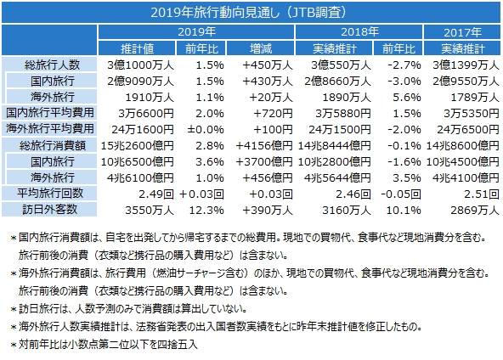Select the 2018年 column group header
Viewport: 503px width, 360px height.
pos(359,31)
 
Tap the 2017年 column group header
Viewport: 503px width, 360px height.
pos(462,32)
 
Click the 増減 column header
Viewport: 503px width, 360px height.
pos(261,48)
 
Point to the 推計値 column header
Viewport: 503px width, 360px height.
pos(137,48)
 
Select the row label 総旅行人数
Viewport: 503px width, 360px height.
pos(52,65)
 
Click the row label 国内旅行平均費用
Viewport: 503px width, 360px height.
pos(50,113)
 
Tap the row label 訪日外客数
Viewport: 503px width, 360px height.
pos(50,210)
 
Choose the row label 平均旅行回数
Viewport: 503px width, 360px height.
pos(50,194)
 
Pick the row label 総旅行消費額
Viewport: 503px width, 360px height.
pos(53,145)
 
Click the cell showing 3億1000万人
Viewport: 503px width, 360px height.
pos(140,65)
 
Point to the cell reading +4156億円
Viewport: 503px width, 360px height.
pos(264,145)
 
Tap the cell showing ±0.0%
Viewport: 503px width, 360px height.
pos(206,130)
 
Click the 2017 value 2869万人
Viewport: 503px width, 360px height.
pos(475,210)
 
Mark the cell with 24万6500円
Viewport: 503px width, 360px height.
pos(468,130)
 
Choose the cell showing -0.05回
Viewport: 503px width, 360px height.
pos(401,194)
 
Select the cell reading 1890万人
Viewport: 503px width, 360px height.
pos(347,97)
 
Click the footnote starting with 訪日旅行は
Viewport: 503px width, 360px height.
pos(129,309)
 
